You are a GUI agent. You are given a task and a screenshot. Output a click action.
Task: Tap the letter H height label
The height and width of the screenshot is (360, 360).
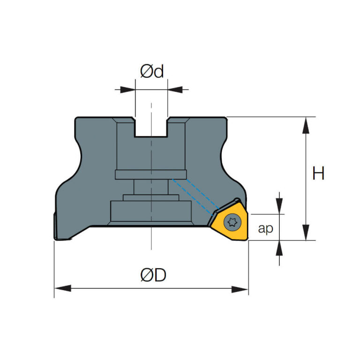tap(318, 173)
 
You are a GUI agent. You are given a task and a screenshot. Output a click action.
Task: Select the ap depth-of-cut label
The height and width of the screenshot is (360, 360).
tap(265, 229)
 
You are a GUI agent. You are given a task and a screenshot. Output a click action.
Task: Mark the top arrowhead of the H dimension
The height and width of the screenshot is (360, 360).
tap(306, 125)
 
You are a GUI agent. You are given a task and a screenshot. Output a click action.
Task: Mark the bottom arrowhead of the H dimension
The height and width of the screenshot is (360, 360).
tap(306, 232)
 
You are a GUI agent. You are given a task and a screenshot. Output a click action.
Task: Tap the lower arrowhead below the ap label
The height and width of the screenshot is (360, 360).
tap(280, 248)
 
